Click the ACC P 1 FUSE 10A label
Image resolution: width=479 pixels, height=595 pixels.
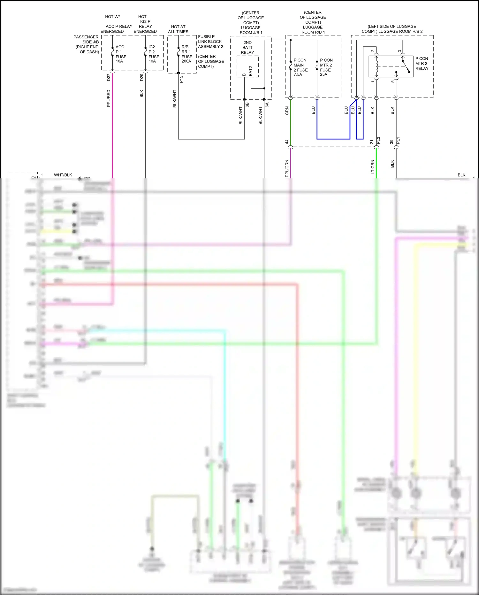[x=120, y=54]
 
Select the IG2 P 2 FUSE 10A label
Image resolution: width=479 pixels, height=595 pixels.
[x=154, y=54]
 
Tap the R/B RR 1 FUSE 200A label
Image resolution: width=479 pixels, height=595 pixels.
[x=187, y=54]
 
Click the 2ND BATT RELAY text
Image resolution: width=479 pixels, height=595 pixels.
[x=247, y=47]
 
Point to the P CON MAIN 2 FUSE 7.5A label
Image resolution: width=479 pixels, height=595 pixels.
[x=300, y=67]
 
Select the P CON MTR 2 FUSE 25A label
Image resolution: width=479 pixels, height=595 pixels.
[x=326, y=67]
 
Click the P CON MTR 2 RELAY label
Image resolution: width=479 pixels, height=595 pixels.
[x=422, y=63]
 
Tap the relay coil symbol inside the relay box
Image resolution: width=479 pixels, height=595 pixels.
[x=377, y=67]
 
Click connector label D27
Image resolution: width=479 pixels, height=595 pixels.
[x=109, y=77]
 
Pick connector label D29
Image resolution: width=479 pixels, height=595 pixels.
[x=142, y=77]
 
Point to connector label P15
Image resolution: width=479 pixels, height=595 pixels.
[x=181, y=79]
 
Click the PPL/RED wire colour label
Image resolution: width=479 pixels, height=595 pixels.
[x=109, y=98]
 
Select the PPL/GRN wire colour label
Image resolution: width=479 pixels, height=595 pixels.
[x=287, y=168]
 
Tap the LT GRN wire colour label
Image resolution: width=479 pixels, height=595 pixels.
[x=373, y=167]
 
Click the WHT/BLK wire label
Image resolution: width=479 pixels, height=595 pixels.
[x=63, y=175]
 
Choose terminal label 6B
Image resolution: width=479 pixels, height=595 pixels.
[x=247, y=104]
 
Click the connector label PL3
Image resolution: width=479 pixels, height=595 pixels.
[x=378, y=140]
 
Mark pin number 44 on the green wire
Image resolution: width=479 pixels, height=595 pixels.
[x=287, y=142]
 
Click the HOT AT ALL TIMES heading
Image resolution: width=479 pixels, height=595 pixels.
[x=178, y=29]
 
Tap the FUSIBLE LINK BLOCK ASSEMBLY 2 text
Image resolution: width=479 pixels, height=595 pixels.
[x=210, y=42]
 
